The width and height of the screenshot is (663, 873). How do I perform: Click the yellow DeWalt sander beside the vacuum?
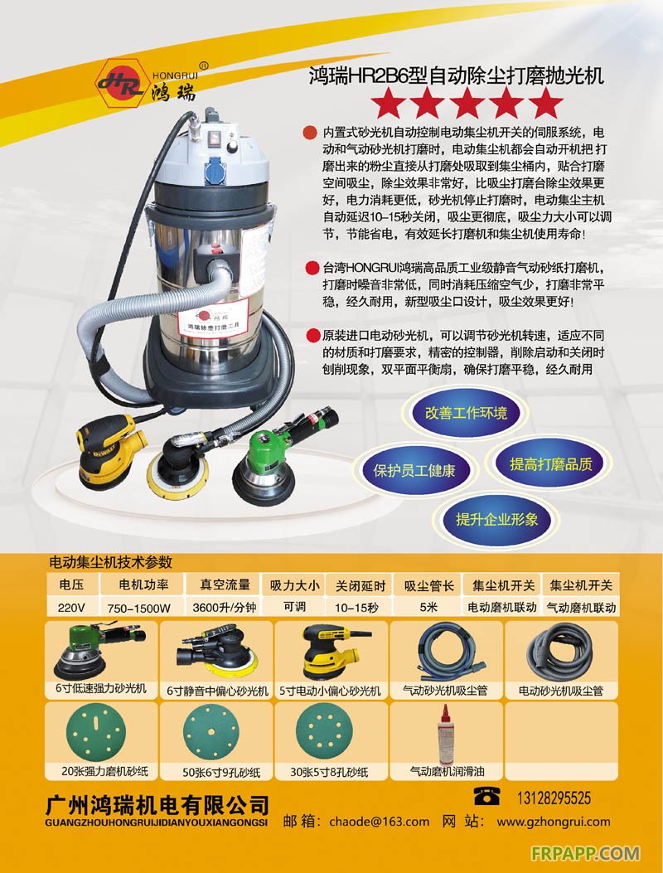[x=109, y=452]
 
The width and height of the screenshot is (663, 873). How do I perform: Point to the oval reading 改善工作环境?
[x=466, y=413]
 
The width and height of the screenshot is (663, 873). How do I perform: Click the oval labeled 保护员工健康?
[x=414, y=470]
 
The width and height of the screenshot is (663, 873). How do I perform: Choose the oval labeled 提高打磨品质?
[x=550, y=464]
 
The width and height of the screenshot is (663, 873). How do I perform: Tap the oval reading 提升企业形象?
[x=496, y=520]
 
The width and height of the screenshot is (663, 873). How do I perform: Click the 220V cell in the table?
[x=71, y=608]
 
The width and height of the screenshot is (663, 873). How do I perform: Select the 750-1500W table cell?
[x=139, y=608]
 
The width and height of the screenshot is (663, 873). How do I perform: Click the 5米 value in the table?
[x=428, y=607]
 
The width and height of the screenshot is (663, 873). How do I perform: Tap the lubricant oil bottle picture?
[x=445, y=735]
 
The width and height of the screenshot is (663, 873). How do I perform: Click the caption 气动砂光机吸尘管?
[x=445, y=691]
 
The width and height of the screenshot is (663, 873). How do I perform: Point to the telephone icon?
[x=486, y=796]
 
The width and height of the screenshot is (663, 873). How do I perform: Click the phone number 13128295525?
[x=554, y=798]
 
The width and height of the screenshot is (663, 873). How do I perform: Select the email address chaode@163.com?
[x=379, y=822]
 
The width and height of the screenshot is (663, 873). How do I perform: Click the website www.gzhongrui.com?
[x=554, y=822]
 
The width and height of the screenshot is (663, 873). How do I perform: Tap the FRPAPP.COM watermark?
[x=585, y=853]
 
